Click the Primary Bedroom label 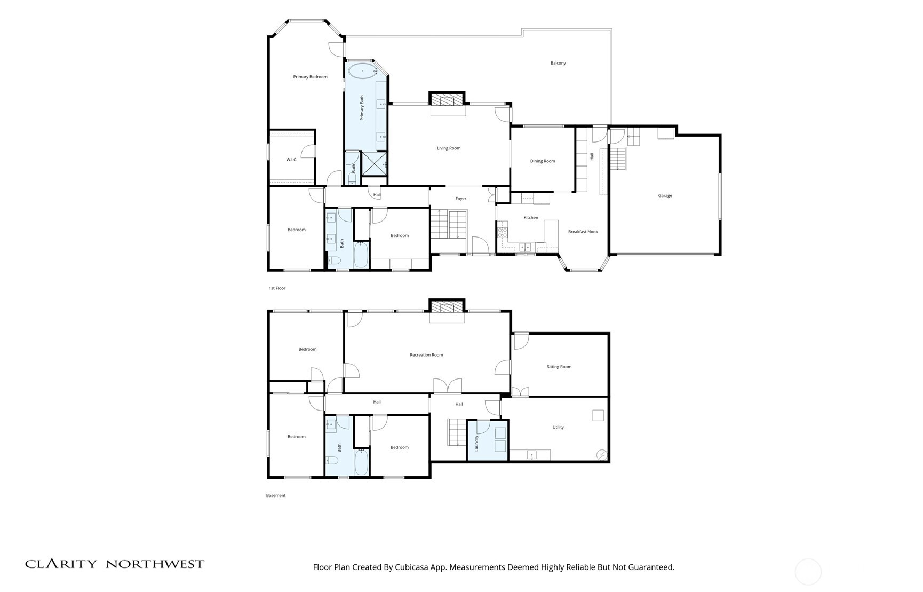tap(310, 77)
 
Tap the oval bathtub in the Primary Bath tap(362, 71)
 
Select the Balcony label tap(558, 63)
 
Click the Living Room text tap(448, 148)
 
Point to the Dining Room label tap(542, 161)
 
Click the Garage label tap(665, 196)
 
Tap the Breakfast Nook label tap(583, 232)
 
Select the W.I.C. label tap(291, 160)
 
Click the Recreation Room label tap(426, 355)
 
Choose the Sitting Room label tap(559, 367)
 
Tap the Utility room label tap(558, 427)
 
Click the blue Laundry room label tap(476, 443)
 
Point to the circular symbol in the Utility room tap(602, 454)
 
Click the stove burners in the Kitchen tap(502, 232)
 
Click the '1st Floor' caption tap(277, 288)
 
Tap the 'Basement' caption tap(276, 495)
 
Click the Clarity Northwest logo tap(115, 564)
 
